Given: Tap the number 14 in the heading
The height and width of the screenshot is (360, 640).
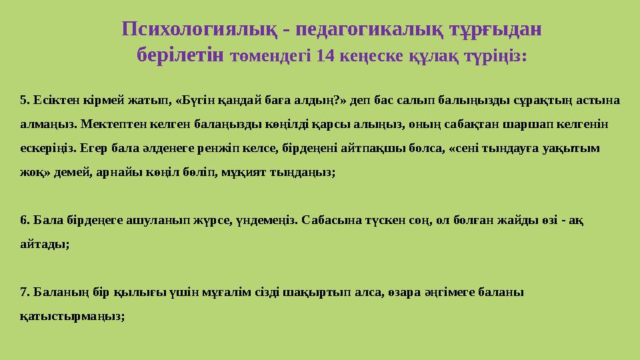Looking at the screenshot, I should [x=327, y=56].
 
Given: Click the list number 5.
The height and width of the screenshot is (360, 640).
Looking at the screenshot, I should [x=25, y=101].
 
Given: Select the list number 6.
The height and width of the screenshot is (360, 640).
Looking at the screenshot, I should [x=25, y=220].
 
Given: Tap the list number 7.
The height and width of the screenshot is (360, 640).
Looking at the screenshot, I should [x=25, y=292].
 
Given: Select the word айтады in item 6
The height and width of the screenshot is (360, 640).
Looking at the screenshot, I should [x=43, y=244].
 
